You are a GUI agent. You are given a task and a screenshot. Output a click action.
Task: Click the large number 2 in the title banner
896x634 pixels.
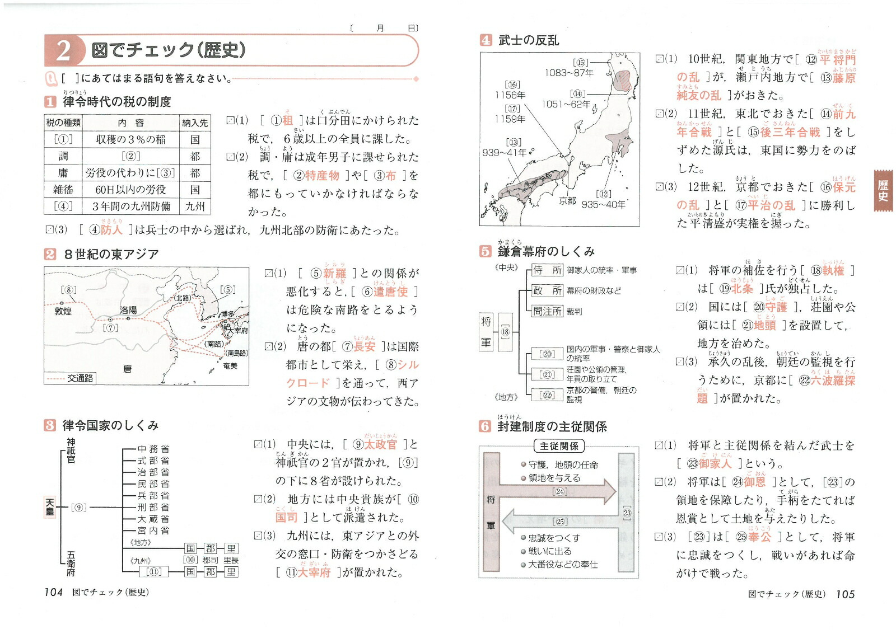(63, 50)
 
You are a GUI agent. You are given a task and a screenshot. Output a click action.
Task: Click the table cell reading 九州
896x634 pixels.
(195, 206)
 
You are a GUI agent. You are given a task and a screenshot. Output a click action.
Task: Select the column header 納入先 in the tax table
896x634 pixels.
(195, 123)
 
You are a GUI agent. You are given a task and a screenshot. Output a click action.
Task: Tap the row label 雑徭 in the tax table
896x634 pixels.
(63, 190)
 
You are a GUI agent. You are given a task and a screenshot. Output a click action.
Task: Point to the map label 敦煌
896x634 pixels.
(63, 311)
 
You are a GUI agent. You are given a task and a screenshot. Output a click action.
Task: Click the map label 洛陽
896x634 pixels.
(128, 309)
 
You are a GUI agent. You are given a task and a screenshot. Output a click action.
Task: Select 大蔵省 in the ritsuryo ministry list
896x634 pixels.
(153, 519)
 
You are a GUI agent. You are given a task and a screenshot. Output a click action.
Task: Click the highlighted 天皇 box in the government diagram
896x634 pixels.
(50, 507)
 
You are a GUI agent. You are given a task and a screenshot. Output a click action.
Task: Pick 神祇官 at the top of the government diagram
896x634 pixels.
(71, 451)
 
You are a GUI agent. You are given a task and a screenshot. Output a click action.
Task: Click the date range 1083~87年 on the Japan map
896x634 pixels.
(568, 73)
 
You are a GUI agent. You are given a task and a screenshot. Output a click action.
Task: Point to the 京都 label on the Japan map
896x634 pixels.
(567, 200)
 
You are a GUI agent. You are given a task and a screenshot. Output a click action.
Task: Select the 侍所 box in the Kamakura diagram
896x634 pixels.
(547, 270)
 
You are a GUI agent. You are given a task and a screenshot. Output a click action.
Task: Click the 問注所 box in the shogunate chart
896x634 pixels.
(547, 311)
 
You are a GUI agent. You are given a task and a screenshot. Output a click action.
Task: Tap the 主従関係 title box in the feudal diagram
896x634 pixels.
(559, 446)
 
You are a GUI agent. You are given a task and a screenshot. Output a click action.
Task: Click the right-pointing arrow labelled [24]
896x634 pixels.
(560, 492)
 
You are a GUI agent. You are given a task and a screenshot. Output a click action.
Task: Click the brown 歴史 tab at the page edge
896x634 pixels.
(883, 190)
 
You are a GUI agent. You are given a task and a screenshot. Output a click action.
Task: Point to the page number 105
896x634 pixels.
(845, 594)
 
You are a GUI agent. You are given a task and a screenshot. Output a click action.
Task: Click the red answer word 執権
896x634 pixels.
(833, 271)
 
